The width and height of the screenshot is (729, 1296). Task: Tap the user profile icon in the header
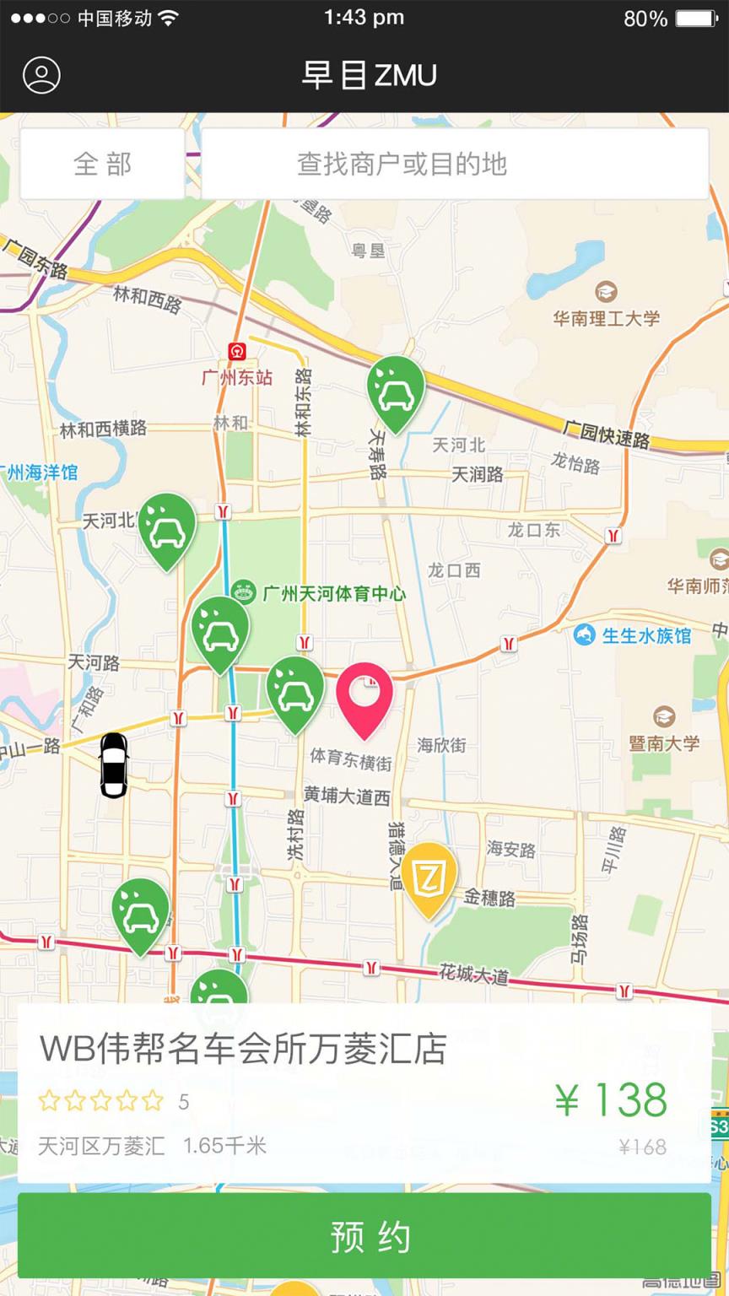point(41,75)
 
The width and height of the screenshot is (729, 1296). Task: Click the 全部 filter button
point(102,164)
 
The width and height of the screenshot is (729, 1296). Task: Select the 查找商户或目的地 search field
point(455,164)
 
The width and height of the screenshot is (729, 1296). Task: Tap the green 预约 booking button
point(364,1237)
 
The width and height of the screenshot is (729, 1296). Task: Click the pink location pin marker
point(364,697)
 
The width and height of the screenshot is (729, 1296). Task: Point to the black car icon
point(114,764)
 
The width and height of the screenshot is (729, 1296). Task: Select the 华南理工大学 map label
point(606,318)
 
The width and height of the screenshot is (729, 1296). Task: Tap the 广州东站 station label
point(237,376)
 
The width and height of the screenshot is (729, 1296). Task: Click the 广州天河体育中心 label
point(333,593)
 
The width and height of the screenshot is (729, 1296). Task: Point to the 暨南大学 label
point(664,742)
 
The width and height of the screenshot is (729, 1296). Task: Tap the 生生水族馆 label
point(645,635)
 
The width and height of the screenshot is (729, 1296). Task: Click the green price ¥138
point(611,1100)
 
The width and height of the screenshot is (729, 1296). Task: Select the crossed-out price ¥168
point(642,1147)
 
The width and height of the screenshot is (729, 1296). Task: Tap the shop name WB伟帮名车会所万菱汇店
point(243,1050)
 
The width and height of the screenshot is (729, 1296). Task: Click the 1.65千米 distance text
point(224,1145)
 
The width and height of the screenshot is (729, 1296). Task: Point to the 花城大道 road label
point(473,975)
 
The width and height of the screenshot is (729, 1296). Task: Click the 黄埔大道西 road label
point(347,796)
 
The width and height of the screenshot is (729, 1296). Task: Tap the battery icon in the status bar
point(696,18)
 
